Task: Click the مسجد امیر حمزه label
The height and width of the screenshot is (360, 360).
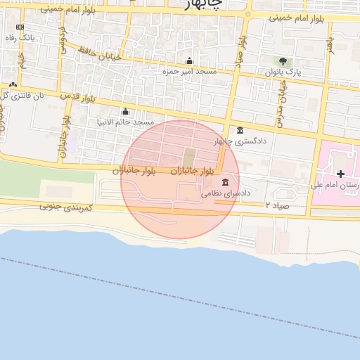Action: (189, 72)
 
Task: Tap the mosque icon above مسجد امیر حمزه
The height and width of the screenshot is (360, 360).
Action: (188, 60)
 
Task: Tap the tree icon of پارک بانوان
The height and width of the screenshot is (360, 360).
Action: (283, 61)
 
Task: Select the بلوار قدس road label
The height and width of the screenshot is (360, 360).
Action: (77, 96)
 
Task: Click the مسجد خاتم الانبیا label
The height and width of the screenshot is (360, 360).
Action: (126, 122)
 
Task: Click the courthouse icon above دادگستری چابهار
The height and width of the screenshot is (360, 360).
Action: (240, 130)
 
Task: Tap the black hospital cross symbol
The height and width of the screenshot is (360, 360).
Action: (341, 174)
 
